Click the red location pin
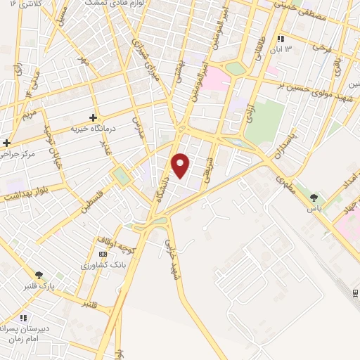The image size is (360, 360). (x=181, y=165)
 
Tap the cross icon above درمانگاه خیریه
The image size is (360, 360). (x=94, y=117)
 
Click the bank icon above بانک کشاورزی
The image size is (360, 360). (x=103, y=254)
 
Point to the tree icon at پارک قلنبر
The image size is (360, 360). (x=39, y=275)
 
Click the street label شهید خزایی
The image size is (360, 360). (x=172, y=255)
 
